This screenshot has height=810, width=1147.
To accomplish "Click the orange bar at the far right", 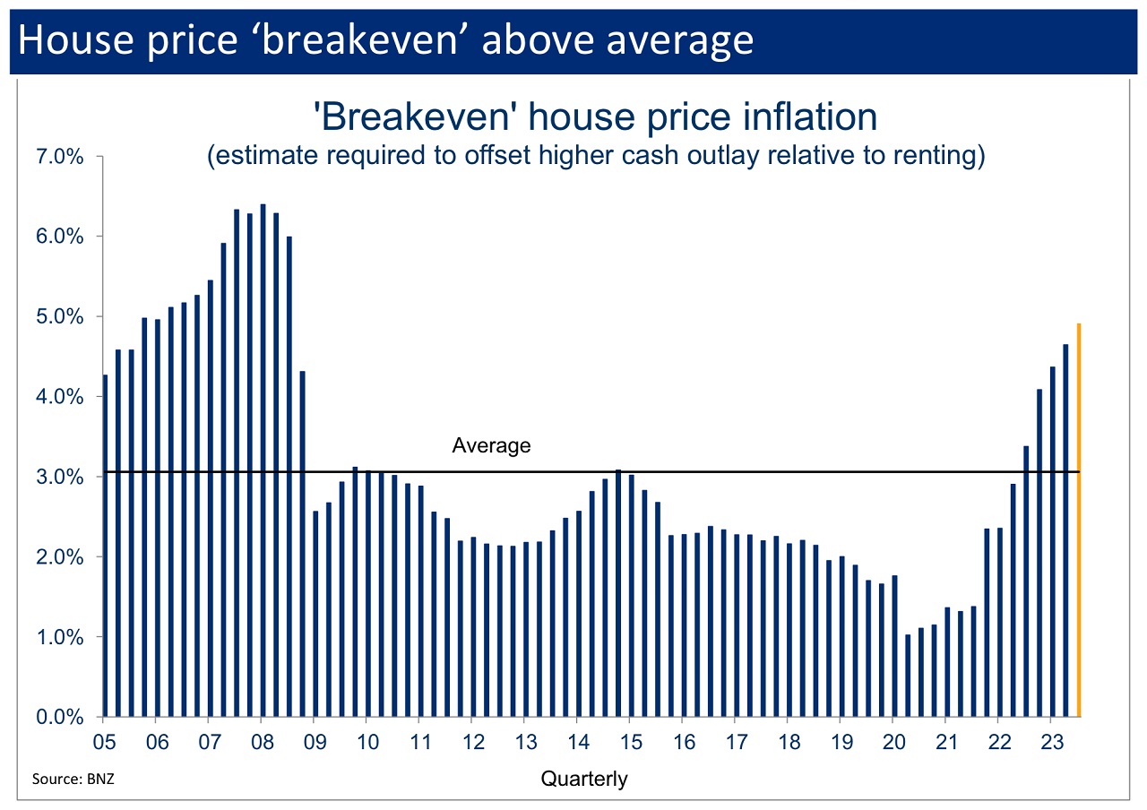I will click(1079, 520).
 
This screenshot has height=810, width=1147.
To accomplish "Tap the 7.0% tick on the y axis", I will click(59, 157).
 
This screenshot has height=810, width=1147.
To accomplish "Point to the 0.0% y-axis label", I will click(59, 717).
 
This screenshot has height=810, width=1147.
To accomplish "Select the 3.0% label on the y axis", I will click(59, 477).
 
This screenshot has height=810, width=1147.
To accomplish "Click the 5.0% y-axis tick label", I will click(59, 317).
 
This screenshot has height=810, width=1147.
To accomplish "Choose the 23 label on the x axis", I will click(1053, 742).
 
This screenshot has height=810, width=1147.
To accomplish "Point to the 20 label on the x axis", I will click(894, 742).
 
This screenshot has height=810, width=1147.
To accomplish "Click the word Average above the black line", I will click(491, 445).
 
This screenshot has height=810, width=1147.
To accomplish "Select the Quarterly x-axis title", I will click(584, 779).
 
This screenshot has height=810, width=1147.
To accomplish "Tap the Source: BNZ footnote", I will click(73, 779).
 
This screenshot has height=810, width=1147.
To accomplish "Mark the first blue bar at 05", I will click(106, 546).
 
